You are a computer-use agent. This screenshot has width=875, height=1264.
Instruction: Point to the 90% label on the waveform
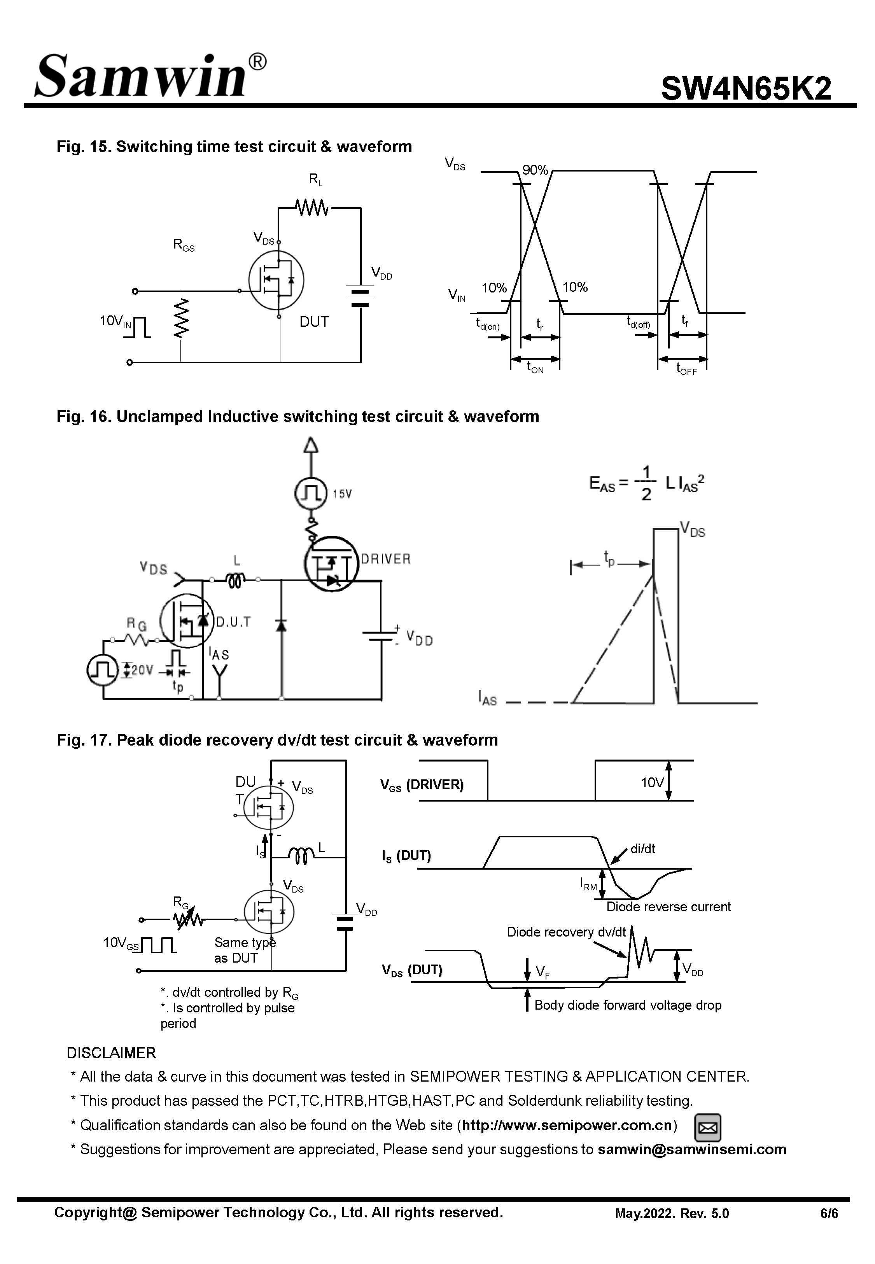click(535, 170)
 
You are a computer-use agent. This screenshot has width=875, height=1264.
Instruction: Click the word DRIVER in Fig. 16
click(385, 559)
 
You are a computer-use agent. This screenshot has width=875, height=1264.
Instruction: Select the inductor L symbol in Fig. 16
click(235, 579)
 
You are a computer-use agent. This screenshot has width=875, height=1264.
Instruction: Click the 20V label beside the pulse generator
click(142, 670)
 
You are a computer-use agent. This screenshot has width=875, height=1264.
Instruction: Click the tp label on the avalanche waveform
click(609, 558)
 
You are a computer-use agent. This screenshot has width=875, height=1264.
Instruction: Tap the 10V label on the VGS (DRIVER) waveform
click(652, 782)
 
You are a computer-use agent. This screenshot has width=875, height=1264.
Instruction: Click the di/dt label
click(642, 849)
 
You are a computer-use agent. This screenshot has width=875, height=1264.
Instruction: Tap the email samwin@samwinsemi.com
click(691, 1149)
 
